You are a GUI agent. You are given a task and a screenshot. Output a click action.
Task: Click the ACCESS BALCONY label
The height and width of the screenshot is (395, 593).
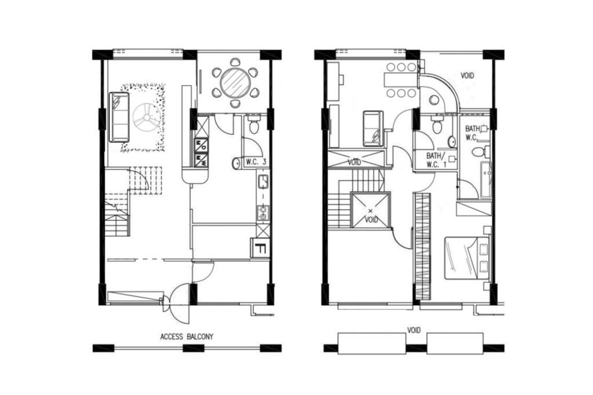[186, 337]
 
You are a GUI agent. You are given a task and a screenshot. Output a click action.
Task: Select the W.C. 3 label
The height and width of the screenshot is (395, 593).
[256, 162]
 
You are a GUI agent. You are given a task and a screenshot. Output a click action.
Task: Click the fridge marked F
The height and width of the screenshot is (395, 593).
[260, 248]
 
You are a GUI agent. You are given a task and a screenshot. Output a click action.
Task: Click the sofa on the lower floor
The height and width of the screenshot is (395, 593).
[119, 117]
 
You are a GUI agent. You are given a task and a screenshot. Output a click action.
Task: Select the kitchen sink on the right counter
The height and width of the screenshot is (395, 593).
[263, 182]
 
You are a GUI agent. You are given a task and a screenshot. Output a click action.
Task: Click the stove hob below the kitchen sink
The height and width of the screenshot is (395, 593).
[263, 213]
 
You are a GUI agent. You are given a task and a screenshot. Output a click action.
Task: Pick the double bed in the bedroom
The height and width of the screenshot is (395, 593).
[467, 258]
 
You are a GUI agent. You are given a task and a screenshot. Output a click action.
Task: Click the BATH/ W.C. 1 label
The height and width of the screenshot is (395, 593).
[437, 160]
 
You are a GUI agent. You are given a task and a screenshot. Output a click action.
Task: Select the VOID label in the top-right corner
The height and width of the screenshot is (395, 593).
[467, 76]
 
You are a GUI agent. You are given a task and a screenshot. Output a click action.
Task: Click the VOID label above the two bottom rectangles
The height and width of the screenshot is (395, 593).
[413, 330]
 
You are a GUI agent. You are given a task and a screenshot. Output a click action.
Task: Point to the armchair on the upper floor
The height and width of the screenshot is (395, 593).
[373, 129]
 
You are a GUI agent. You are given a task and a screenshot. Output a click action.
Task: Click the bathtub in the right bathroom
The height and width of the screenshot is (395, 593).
[486, 180]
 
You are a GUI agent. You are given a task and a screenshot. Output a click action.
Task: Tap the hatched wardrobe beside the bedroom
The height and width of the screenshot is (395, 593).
[423, 246]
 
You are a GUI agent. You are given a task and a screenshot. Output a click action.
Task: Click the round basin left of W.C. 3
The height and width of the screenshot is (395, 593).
[236, 163]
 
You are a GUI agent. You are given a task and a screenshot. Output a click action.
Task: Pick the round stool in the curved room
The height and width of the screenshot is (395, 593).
[434, 100]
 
